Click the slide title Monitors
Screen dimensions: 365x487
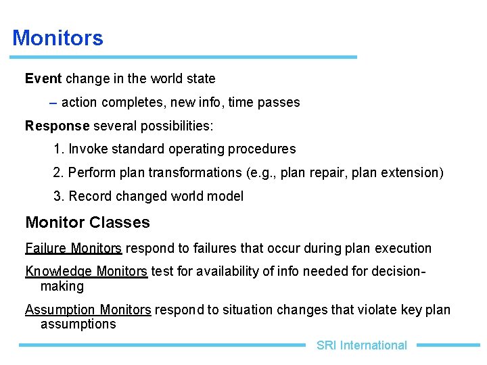coord(57,38)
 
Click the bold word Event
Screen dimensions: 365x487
coord(43,78)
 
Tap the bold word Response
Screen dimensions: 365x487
coord(57,126)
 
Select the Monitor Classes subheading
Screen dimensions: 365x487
coord(87,222)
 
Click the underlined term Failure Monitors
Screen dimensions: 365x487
coord(73,248)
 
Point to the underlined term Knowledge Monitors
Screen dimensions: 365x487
coord(86,271)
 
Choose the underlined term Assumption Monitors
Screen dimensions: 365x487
coord(88,310)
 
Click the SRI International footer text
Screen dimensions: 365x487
coord(361,345)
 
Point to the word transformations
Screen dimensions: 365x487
coord(197,172)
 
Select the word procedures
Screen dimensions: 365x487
coord(262,149)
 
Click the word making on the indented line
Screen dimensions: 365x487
coord(62,286)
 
